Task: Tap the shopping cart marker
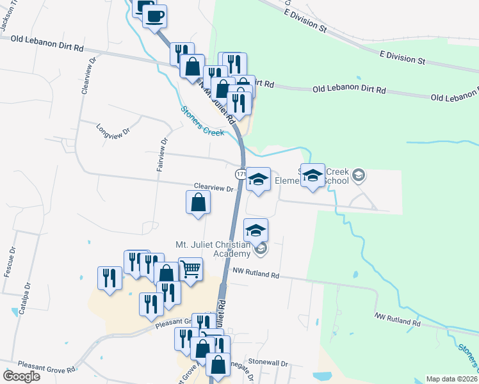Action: tap(190, 269)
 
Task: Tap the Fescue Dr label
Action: tap(8, 262)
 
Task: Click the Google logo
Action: tap(21, 376)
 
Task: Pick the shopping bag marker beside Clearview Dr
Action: tap(198, 202)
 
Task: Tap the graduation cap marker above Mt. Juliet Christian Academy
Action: tap(256, 230)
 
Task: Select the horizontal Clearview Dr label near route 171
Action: tap(214, 189)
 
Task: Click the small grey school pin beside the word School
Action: tap(359, 175)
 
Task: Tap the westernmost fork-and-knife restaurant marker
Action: tap(110, 278)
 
